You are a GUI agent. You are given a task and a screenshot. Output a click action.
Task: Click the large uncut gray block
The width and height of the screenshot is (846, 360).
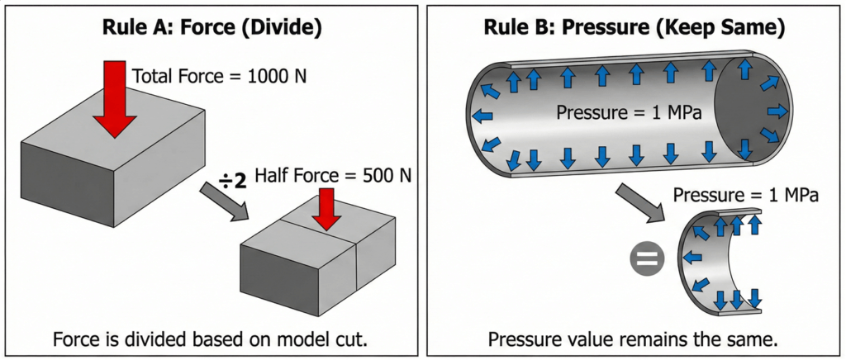(x=107, y=173)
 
